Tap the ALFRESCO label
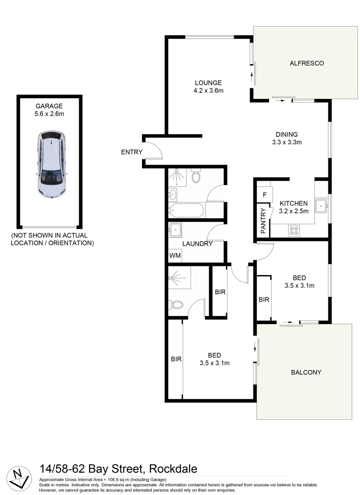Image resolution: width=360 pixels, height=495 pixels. (306, 63)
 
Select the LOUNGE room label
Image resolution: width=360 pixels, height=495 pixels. (208, 83)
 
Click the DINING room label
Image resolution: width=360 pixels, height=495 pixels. (287, 134)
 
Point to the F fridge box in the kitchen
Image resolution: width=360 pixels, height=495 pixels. (264, 194)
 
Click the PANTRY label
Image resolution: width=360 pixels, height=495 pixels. (263, 221)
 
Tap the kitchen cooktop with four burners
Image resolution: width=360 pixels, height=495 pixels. (294, 230)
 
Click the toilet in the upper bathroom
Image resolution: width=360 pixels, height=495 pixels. (196, 176)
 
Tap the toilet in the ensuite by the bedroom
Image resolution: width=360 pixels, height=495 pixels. (176, 304)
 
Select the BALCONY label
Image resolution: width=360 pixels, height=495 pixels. (306, 372)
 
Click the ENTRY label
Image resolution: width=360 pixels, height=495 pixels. (131, 152)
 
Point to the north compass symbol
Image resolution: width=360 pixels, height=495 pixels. (18, 478)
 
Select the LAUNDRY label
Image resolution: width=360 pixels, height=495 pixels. (197, 244)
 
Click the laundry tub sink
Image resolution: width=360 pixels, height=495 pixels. (175, 229)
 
